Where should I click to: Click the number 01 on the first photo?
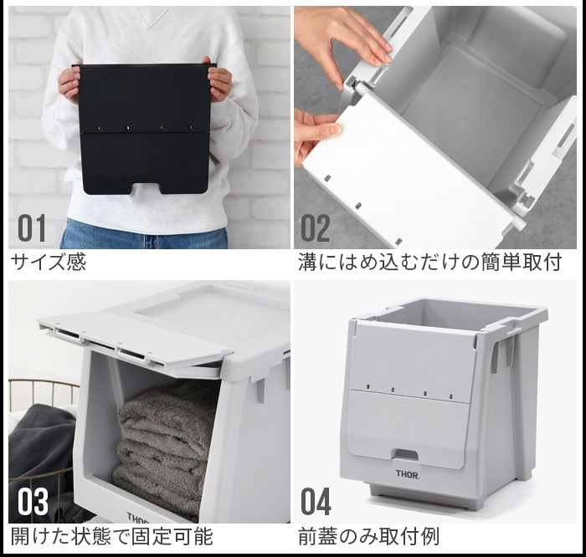(x=33, y=227)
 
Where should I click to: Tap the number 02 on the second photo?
(x=316, y=227)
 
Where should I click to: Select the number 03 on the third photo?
(x=33, y=503)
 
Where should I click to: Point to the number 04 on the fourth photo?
(x=316, y=503)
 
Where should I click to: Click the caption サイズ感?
(x=49, y=263)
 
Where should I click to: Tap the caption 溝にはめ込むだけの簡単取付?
(x=429, y=263)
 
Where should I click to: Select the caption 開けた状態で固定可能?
(x=111, y=536)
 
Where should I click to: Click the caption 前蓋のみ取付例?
(x=369, y=536)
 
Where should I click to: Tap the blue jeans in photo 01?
(x=144, y=235)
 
